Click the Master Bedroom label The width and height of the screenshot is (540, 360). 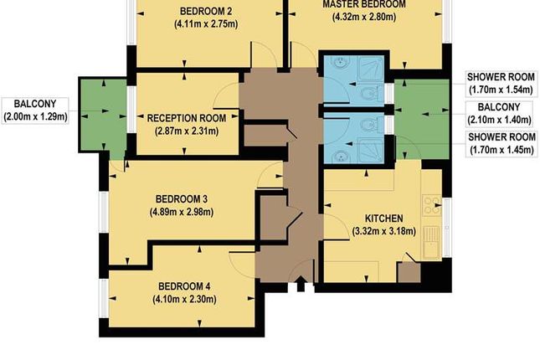coord(364,4)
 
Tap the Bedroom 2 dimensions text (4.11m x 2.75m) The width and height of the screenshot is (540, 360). coord(205,25)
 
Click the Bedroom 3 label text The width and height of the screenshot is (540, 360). coord(182,198)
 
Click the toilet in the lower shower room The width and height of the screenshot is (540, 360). coord(367,124)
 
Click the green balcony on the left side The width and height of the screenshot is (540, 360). coord(100,114)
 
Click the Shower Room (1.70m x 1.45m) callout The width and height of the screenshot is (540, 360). coord(501,143)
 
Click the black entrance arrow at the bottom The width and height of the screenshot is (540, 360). coord(300,287)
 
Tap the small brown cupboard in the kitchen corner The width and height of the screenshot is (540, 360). coord(408,273)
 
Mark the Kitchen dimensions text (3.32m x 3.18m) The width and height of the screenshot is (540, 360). coord(384,231)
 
